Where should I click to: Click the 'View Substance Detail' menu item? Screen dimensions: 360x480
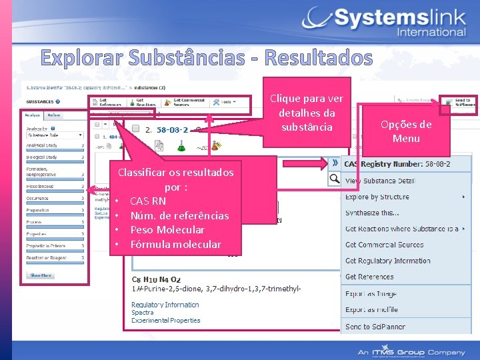(380, 181)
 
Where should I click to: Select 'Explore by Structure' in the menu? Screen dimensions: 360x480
(377, 197)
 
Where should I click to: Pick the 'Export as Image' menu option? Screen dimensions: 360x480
(371, 294)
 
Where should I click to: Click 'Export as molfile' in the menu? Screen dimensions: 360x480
(371, 310)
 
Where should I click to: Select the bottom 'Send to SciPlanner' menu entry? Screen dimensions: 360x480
(375, 327)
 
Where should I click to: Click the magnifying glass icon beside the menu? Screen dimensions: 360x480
(334, 179)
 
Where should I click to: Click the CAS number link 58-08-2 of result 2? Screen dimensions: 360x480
(172, 129)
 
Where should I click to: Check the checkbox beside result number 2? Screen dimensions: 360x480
(135, 129)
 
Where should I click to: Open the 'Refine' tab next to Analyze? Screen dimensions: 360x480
(55, 115)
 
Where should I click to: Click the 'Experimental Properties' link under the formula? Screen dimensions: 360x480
(165, 321)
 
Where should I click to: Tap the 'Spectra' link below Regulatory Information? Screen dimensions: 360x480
(142, 313)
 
